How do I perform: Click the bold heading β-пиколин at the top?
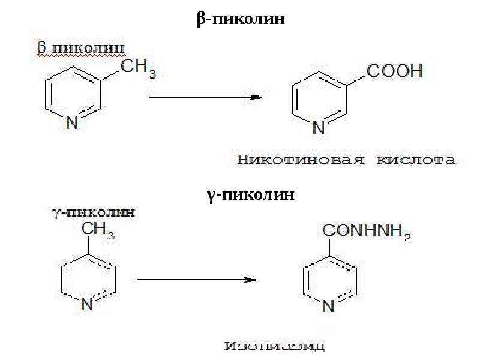pos(240,20)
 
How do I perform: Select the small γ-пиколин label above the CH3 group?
pos(91,212)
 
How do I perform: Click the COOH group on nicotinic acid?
pos(394,72)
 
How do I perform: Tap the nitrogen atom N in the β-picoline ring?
pos(72,123)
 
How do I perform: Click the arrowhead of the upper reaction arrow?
pos(256,97)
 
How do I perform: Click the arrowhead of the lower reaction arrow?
pos(253,280)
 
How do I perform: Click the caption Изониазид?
pos(275,346)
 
